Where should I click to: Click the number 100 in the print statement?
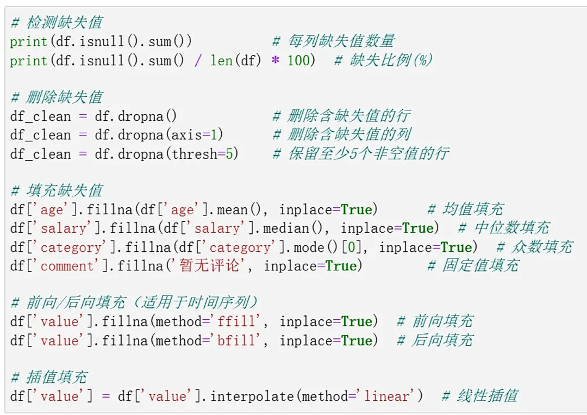click(x=298, y=60)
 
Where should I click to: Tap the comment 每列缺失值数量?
click(x=333, y=41)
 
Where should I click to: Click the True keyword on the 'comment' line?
click(x=341, y=267)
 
